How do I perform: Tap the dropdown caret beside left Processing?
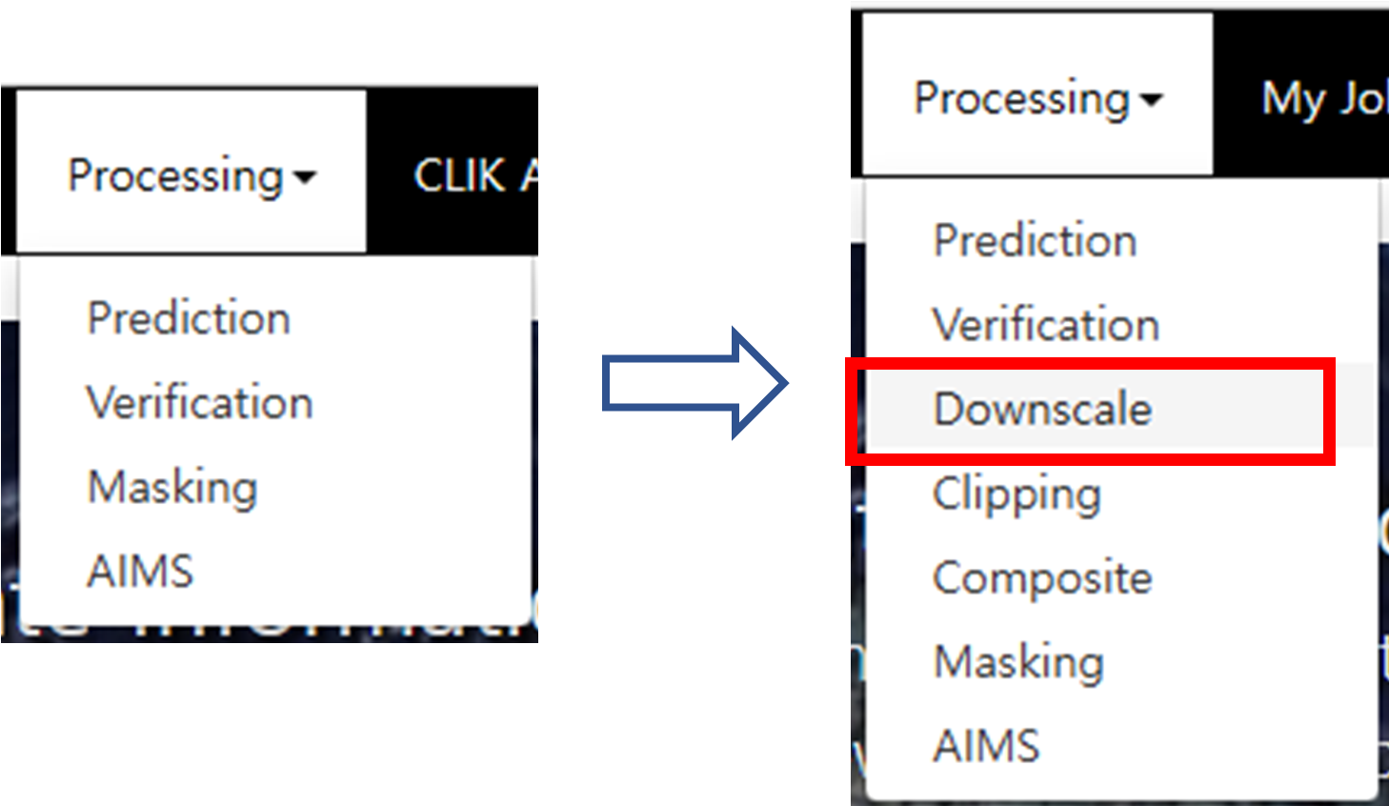pyautogui.click(x=305, y=177)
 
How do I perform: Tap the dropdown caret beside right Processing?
pyautogui.click(x=1152, y=99)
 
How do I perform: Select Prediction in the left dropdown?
pyautogui.click(x=189, y=317)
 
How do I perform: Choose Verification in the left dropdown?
pyautogui.click(x=199, y=402)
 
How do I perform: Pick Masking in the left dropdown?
pyautogui.click(x=172, y=487)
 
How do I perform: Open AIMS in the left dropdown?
pyautogui.click(x=140, y=572)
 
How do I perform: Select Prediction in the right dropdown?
pyautogui.click(x=1035, y=240)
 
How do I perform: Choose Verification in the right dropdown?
pyautogui.click(x=1045, y=325)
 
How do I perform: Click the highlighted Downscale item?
pyautogui.click(x=1042, y=410)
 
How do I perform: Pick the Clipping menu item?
pyautogui.click(x=1017, y=494)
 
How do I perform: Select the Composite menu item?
pyautogui.click(x=1042, y=578)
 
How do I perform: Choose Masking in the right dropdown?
pyautogui.click(x=1018, y=662)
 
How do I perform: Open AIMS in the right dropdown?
pyautogui.click(x=986, y=746)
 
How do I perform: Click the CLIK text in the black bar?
pyautogui.click(x=459, y=175)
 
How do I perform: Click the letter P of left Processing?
pyautogui.click(x=80, y=174)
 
